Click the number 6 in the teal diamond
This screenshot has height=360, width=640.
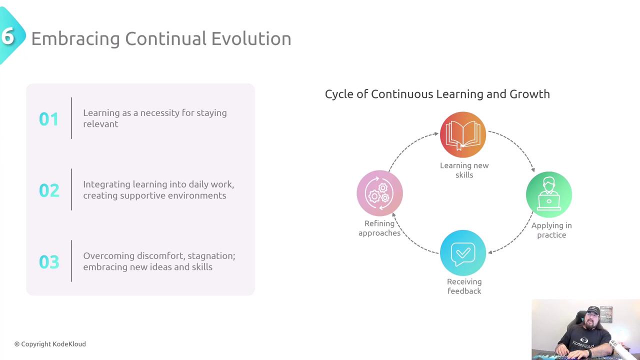pos(7,36)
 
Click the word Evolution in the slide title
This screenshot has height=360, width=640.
pos(251,38)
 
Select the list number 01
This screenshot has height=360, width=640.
pos(49,119)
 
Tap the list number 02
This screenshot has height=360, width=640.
pos(49,190)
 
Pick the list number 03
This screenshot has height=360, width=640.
pos(49,261)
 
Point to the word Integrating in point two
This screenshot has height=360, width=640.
pos(106,185)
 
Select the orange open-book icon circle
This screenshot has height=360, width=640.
pos(463,134)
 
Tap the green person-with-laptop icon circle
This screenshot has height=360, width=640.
pos(549,194)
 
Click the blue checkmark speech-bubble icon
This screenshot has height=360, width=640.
pos(463,253)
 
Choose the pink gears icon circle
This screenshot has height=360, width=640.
pos(379,193)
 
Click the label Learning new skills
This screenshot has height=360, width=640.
pos(464,170)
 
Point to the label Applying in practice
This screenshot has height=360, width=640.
pos(551,230)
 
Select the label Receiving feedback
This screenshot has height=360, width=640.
pos(464,286)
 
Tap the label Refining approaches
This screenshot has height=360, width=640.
pos(379,228)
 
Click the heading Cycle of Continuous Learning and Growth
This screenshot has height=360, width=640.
pos(437,94)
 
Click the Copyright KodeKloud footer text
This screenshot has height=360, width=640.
pos(50,344)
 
